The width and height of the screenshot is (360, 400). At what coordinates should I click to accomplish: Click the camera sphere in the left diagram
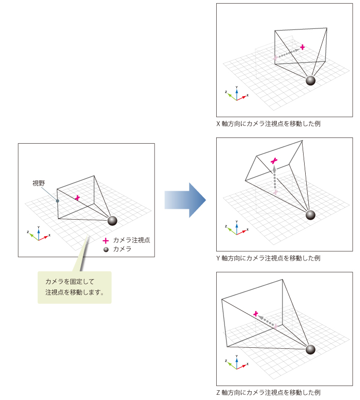tap(112, 221)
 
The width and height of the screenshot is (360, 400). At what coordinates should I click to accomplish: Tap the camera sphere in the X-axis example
tap(310, 80)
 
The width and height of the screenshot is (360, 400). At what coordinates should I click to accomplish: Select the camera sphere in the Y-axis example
tap(310, 215)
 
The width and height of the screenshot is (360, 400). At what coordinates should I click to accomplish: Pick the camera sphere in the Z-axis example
tap(310, 349)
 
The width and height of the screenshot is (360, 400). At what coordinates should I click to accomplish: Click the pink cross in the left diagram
tap(78, 197)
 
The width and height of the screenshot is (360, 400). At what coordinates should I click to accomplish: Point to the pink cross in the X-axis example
tap(303, 47)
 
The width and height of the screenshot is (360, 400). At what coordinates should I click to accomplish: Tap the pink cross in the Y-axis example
tap(275, 161)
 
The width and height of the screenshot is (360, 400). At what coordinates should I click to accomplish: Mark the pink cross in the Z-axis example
tap(256, 313)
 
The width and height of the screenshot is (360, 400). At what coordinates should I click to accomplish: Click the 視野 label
tap(39, 183)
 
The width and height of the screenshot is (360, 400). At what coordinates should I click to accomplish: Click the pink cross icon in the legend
tap(106, 240)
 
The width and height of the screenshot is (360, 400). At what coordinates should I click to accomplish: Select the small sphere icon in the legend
tap(106, 249)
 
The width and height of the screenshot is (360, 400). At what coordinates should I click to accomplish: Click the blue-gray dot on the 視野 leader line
tap(57, 201)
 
